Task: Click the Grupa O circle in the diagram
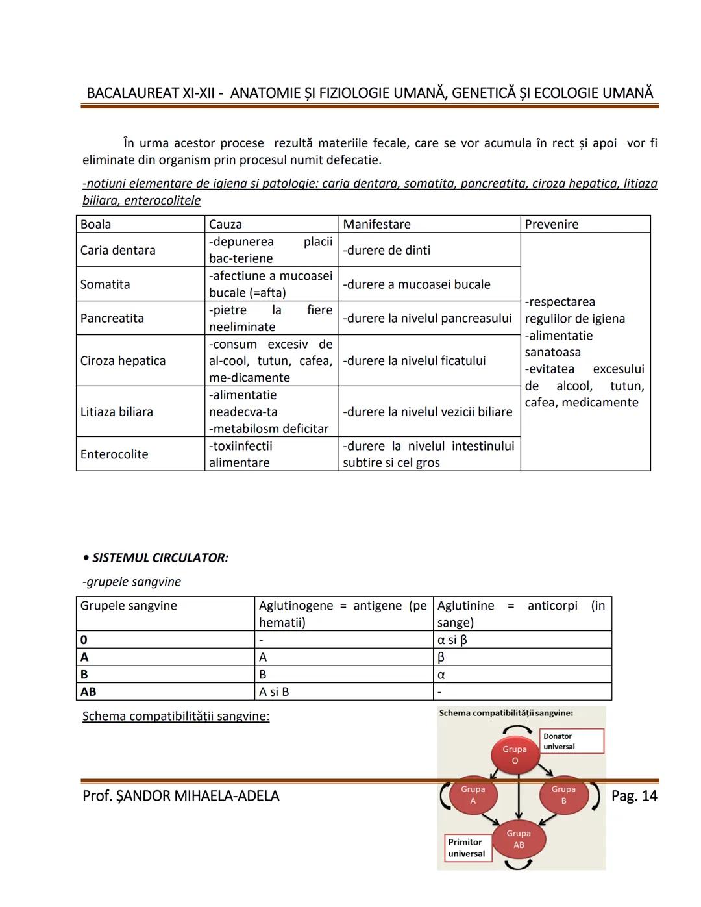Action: [x=514, y=754]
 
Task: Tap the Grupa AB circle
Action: [x=519, y=839]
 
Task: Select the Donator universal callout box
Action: [x=571, y=741]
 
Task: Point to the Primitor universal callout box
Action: [x=468, y=847]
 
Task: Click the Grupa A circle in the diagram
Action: [x=473, y=795]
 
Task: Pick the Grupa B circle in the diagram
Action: [x=563, y=795]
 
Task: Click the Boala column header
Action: [x=96, y=224]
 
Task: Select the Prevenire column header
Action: [x=551, y=224]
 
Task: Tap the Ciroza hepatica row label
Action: [x=123, y=360]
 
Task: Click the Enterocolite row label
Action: [x=114, y=454]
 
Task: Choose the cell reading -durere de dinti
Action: [x=387, y=250]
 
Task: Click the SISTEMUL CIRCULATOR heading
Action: [x=160, y=558]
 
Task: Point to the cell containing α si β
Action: [x=452, y=640]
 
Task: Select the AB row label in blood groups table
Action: [x=88, y=691]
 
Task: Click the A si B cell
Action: [x=274, y=691]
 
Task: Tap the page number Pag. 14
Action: [x=633, y=795]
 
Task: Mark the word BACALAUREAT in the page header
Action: [x=132, y=93]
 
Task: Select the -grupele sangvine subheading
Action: [x=132, y=582]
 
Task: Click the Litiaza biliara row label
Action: [x=117, y=412]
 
